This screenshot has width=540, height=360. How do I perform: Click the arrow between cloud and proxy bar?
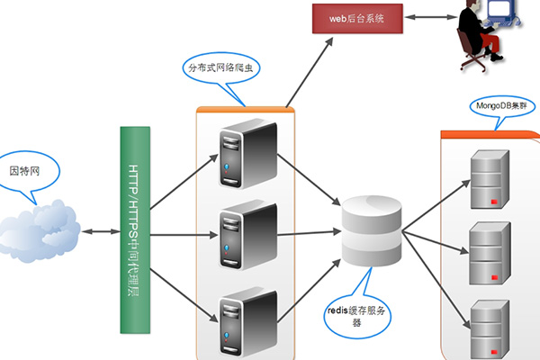(x=100, y=233)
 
